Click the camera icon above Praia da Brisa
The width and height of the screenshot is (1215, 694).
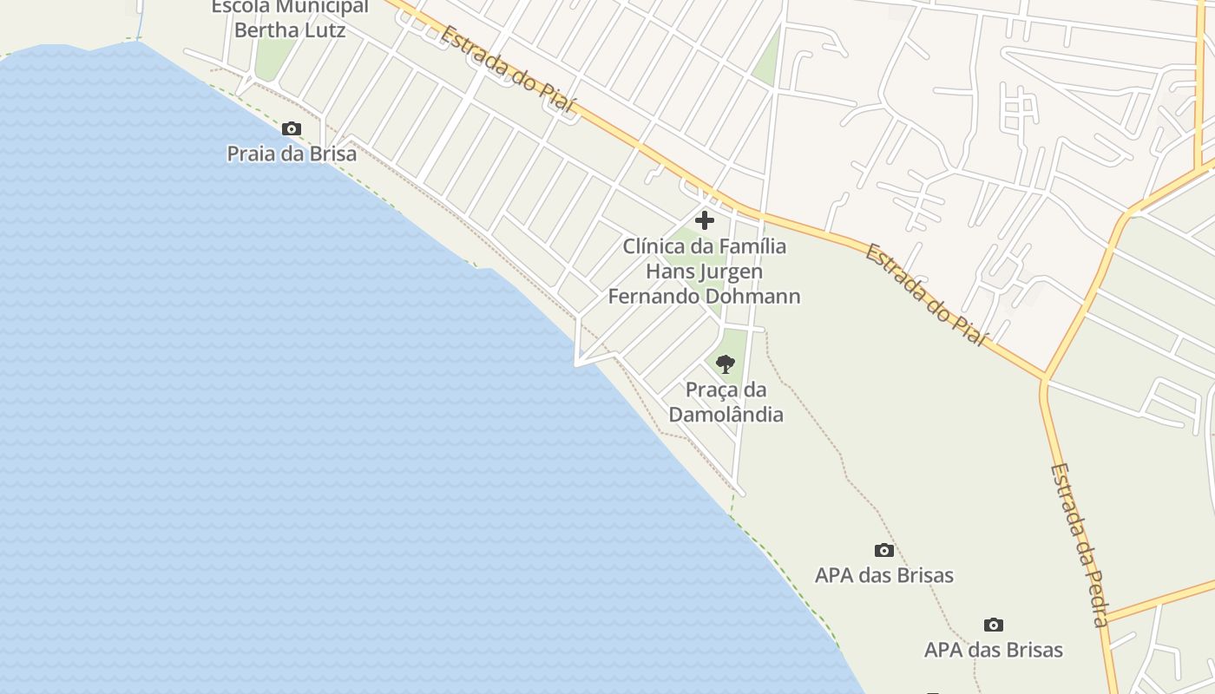point(292,129)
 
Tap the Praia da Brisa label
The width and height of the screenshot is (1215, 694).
point(292,154)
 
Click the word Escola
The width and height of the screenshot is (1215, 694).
point(240,7)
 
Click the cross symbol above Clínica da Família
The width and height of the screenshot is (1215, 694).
point(705,220)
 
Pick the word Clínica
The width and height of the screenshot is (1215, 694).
point(653,246)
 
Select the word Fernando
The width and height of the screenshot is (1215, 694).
point(652,297)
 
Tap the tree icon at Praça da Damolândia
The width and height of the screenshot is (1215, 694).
point(726,364)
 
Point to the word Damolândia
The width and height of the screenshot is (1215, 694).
point(726,415)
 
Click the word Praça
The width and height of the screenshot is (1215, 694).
point(714,390)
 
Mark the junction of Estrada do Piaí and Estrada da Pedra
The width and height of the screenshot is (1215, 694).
point(1045,379)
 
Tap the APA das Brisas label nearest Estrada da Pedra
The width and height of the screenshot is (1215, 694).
point(994,650)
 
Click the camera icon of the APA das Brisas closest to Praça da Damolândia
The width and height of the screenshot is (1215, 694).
point(883,550)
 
